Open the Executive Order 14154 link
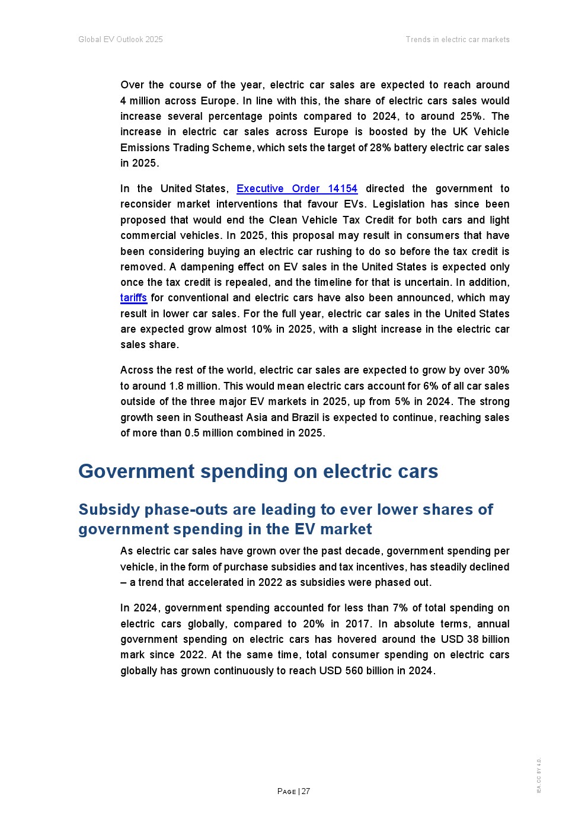pyautogui.click(x=297, y=189)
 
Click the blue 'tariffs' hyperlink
pyautogui.click(x=133, y=298)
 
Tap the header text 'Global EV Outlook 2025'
pyautogui.click(x=120, y=40)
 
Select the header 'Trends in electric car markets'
pyautogui.click(x=458, y=40)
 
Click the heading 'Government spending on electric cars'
pyautogui.click(x=258, y=471)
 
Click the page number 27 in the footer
pyautogui.click(x=306, y=791)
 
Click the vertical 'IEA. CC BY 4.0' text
pyautogui.click(x=539, y=776)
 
